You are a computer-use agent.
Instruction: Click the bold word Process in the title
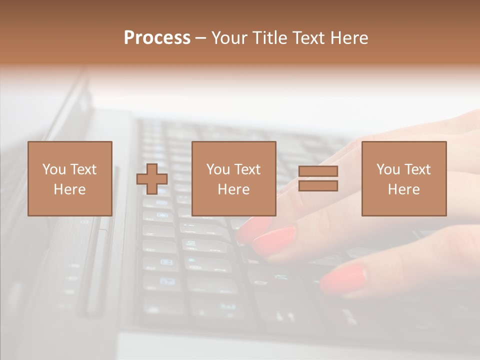pyautogui.click(x=157, y=38)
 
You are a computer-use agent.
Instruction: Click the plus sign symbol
pyautogui.click(x=152, y=179)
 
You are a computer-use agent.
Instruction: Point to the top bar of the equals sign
pyautogui.click(x=318, y=171)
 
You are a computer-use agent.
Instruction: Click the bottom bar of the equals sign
pyautogui.click(x=318, y=186)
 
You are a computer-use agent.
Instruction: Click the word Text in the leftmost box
pyautogui.click(x=83, y=169)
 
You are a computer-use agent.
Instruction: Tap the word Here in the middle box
pyautogui.click(x=234, y=189)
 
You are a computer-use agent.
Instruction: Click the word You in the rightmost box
pyautogui.click(x=388, y=169)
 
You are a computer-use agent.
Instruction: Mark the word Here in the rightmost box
pyautogui.click(x=404, y=189)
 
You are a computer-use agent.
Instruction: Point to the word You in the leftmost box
pyautogui.click(x=54, y=169)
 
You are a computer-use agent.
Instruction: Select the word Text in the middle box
pyautogui.click(x=247, y=169)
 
